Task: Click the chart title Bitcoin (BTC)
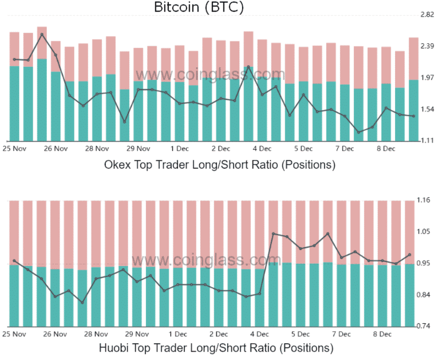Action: point(199,7)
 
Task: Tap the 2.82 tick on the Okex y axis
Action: point(427,15)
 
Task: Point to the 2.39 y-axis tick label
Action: point(427,46)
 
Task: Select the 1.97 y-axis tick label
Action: point(427,78)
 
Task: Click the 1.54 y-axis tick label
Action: point(427,109)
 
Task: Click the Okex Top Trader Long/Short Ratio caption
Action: point(220,164)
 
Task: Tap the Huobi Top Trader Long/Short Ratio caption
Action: point(216,347)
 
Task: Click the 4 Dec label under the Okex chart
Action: point(262,149)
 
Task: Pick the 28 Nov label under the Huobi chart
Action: point(97,334)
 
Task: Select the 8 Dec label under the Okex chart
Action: point(385,149)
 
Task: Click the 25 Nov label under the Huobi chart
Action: point(14,334)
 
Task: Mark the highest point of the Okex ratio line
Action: point(42,34)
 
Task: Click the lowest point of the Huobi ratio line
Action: point(83,303)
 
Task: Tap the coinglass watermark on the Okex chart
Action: point(210,74)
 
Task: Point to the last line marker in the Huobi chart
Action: point(410,255)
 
